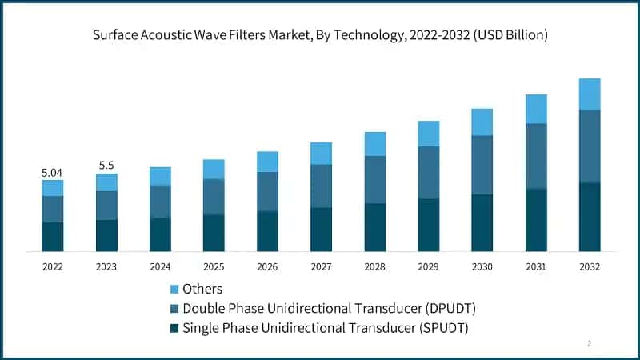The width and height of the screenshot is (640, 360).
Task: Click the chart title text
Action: [320, 35]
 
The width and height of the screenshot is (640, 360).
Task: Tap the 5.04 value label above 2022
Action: [53, 172]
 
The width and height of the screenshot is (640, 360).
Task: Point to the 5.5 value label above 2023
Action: [106, 166]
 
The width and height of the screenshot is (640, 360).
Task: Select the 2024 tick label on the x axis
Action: [160, 266]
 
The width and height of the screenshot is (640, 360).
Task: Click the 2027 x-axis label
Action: [321, 266]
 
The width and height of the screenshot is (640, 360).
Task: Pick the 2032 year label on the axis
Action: [590, 266]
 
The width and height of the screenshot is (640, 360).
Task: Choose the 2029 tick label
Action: [428, 266]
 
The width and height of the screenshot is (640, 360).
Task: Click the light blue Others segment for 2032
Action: [590, 94]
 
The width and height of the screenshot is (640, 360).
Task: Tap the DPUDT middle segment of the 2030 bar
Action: [482, 165]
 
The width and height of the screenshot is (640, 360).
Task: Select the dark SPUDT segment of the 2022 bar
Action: [53, 237]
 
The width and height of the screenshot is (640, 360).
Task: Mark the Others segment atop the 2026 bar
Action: [267, 162]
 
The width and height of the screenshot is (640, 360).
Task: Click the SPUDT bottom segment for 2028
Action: [374, 227]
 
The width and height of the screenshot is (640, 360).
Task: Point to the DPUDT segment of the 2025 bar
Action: [214, 197]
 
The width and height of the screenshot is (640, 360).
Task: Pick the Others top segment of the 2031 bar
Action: [536, 109]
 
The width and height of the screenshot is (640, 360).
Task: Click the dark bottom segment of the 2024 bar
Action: [160, 234]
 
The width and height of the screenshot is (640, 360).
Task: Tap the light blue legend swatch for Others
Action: [174, 289]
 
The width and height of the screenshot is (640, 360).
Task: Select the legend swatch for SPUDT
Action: [174, 327]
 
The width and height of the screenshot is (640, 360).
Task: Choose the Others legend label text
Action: [202, 289]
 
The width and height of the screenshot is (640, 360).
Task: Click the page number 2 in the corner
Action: [590, 343]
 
